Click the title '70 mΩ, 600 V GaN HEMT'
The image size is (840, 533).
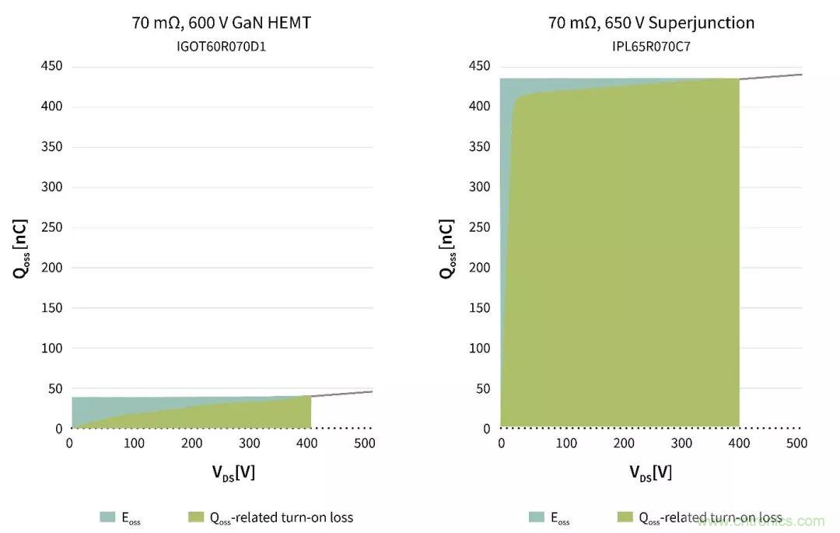(222, 23)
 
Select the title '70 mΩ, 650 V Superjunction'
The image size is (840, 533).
(651, 23)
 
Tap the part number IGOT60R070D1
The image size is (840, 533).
(222, 46)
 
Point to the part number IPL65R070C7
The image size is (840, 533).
(651, 46)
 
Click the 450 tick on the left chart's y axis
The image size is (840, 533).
(51, 67)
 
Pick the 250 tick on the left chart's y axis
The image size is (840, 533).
(51, 228)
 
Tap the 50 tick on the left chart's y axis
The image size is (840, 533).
(54, 388)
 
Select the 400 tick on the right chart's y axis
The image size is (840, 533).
(480, 107)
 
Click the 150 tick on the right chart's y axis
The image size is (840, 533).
(480, 308)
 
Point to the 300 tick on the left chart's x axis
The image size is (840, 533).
(249, 444)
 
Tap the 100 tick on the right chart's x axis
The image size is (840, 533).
(566, 444)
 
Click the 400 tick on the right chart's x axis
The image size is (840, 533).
(740, 444)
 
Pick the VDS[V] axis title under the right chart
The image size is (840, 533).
(651, 472)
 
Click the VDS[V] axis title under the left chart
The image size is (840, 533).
(222, 472)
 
